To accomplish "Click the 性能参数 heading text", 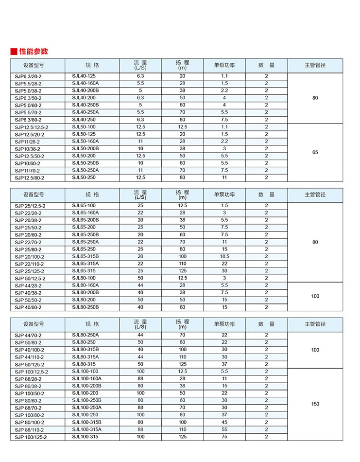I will [x=34, y=52].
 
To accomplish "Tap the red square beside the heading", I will [x=14, y=52].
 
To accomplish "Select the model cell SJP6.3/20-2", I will [x=28, y=76].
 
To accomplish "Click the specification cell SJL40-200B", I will [x=86, y=90].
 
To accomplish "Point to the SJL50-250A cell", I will [x=86, y=170].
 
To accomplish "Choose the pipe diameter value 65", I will [x=315, y=152].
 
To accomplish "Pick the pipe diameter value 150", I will [x=315, y=404].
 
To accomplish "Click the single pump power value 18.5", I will [x=224, y=256].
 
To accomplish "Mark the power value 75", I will [x=224, y=437].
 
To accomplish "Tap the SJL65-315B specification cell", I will [x=86, y=256].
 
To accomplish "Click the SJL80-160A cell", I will [x=86, y=285].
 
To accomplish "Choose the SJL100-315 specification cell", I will [x=86, y=437].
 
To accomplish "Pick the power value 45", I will [x=224, y=422].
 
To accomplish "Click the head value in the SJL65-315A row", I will [x=183, y=264].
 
